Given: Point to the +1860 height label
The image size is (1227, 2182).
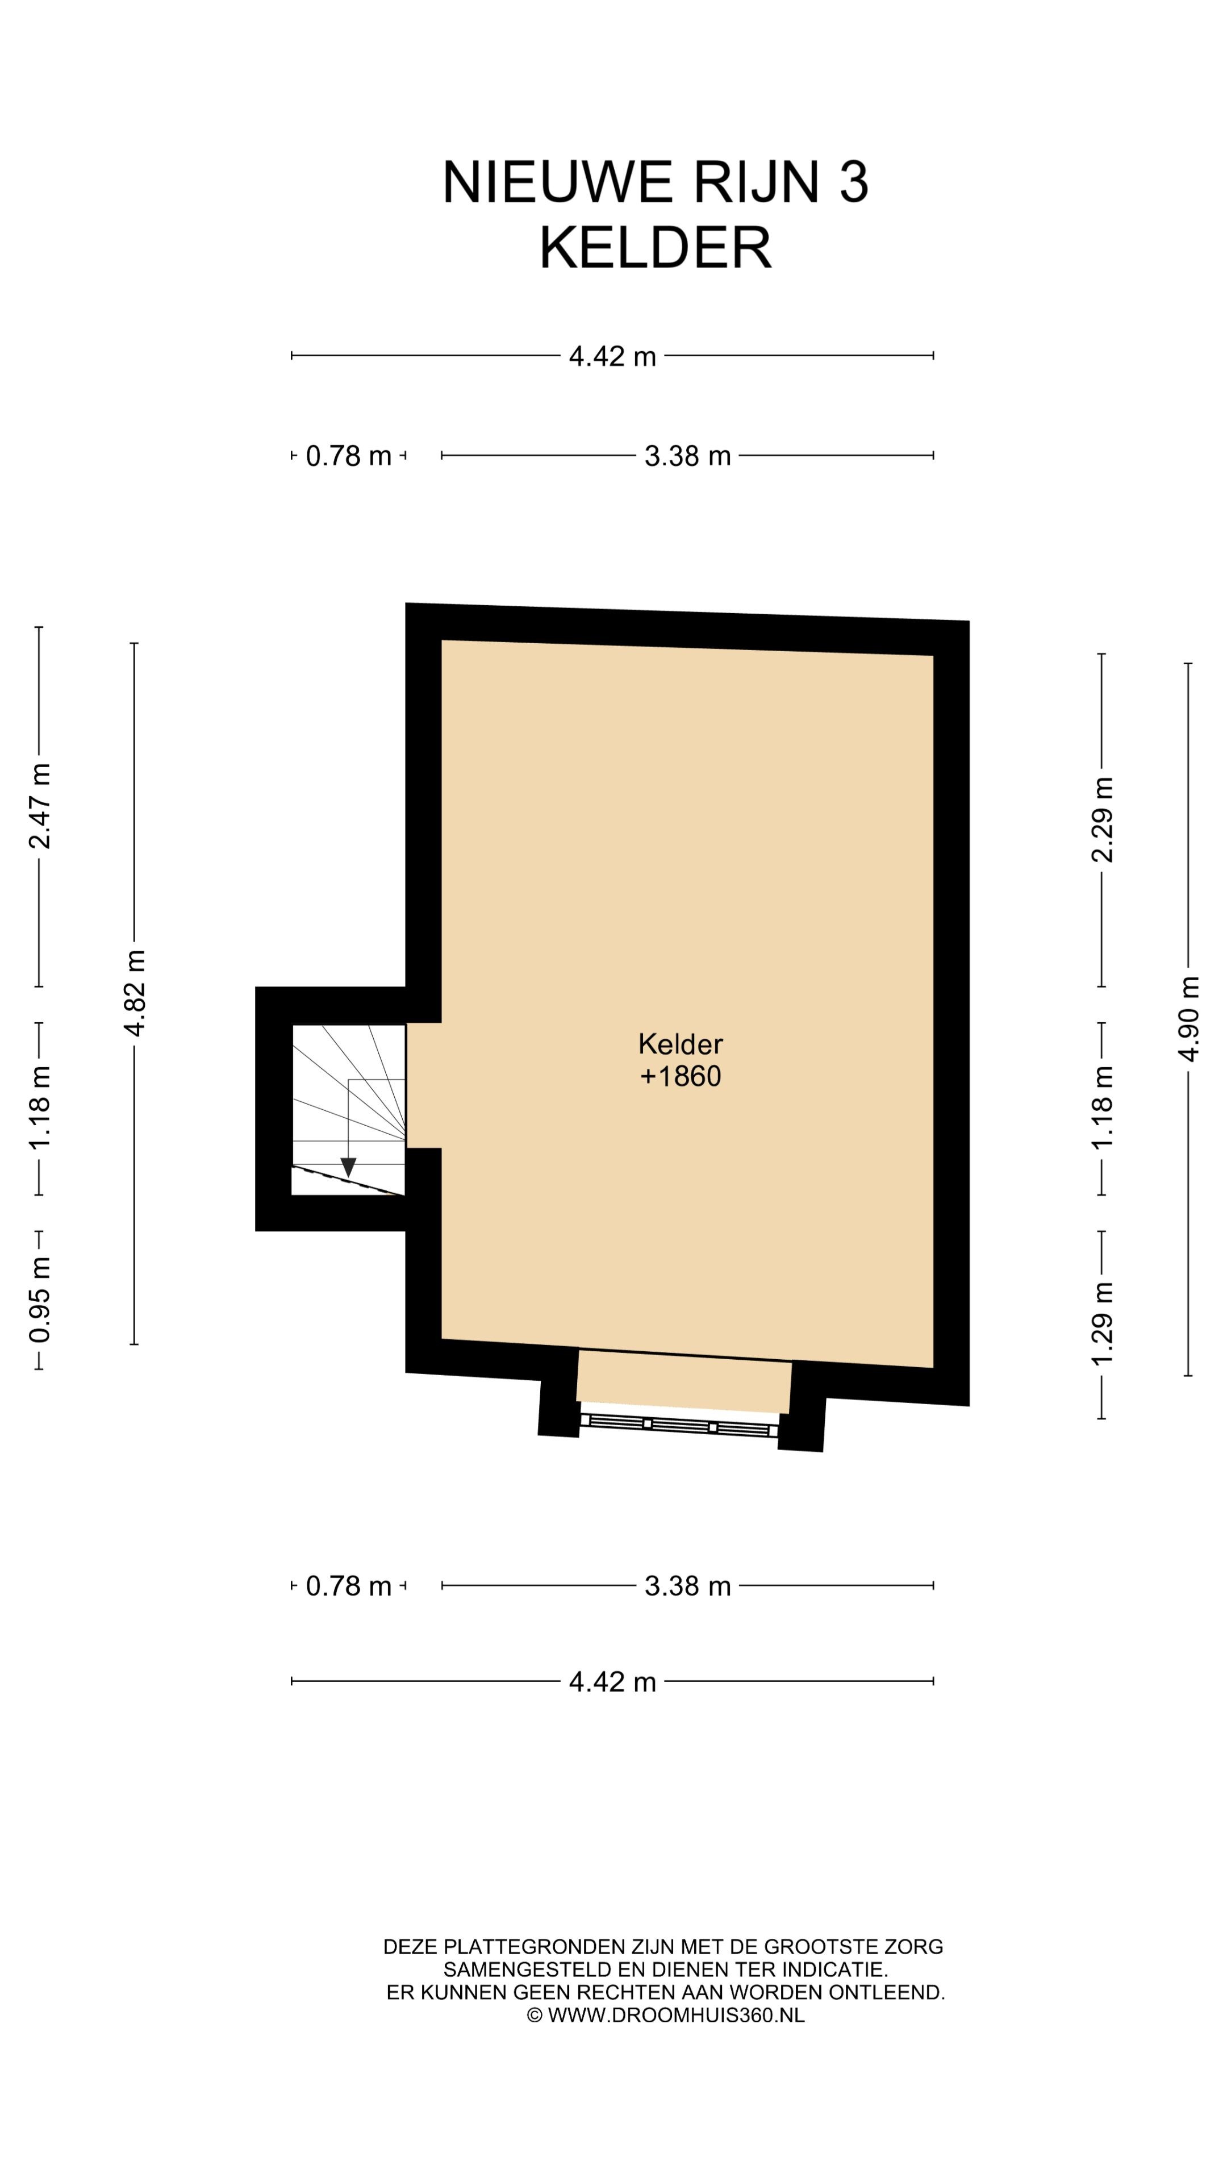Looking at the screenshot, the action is [x=680, y=1076].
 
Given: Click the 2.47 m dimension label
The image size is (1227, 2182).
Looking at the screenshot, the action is [x=40, y=806].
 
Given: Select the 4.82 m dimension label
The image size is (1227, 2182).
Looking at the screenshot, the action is [x=135, y=993].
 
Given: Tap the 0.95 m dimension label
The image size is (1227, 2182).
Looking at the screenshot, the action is [x=40, y=1300].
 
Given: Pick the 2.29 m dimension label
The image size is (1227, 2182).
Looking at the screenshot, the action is [x=1101, y=819].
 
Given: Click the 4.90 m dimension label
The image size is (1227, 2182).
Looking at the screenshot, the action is [x=1188, y=1019].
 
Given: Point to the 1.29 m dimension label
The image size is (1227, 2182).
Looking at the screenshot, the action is [x=1101, y=1323].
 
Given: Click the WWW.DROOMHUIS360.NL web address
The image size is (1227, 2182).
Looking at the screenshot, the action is [x=677, y=2015].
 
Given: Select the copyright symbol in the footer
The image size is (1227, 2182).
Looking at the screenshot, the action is [x=535, y=2015].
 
